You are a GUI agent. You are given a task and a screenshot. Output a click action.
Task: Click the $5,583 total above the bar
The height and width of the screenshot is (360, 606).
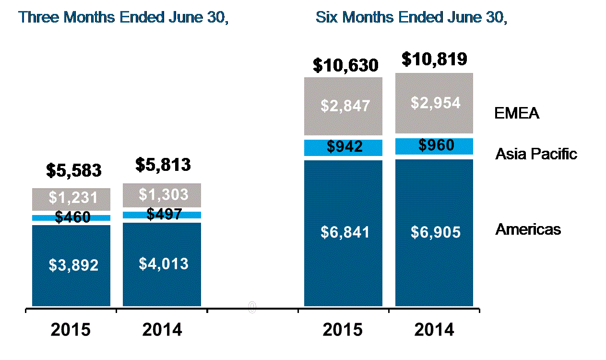coord(74,170)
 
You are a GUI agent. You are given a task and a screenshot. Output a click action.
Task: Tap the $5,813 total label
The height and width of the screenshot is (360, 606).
coord(163,165)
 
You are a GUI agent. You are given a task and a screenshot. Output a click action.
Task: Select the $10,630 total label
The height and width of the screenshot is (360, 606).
coord(345,65)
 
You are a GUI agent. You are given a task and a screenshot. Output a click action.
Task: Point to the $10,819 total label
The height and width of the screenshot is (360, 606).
coord(434,59)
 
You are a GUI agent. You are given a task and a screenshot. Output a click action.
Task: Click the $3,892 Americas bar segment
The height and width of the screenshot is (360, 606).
coord(71,265)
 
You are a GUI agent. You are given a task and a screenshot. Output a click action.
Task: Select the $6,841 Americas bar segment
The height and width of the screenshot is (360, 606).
coord(344,232)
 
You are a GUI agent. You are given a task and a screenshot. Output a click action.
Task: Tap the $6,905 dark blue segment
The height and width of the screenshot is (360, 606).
coord(434,232)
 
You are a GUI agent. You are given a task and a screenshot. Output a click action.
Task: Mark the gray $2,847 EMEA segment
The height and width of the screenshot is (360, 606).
coord(344,106)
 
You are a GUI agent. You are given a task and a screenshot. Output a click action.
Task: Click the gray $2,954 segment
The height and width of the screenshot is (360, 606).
coord(434,103)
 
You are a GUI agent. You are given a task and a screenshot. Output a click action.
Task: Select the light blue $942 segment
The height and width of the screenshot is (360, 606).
coord(344,147)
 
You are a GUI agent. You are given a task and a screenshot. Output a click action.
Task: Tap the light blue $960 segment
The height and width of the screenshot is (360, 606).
coord(434,145)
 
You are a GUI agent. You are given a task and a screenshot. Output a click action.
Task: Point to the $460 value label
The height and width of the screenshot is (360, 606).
coord(72,217)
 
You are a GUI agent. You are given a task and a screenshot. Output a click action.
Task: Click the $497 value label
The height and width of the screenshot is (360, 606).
coord(164,214)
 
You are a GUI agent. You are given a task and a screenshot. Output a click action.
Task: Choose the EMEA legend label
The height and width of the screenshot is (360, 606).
coord(517,114)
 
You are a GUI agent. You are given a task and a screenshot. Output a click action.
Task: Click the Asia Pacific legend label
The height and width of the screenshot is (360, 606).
coord(536,154)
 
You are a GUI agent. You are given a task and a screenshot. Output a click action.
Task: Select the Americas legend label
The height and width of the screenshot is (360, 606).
coord(528,229)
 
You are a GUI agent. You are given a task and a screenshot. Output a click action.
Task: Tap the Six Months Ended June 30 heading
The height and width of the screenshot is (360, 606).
coord(411,17)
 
